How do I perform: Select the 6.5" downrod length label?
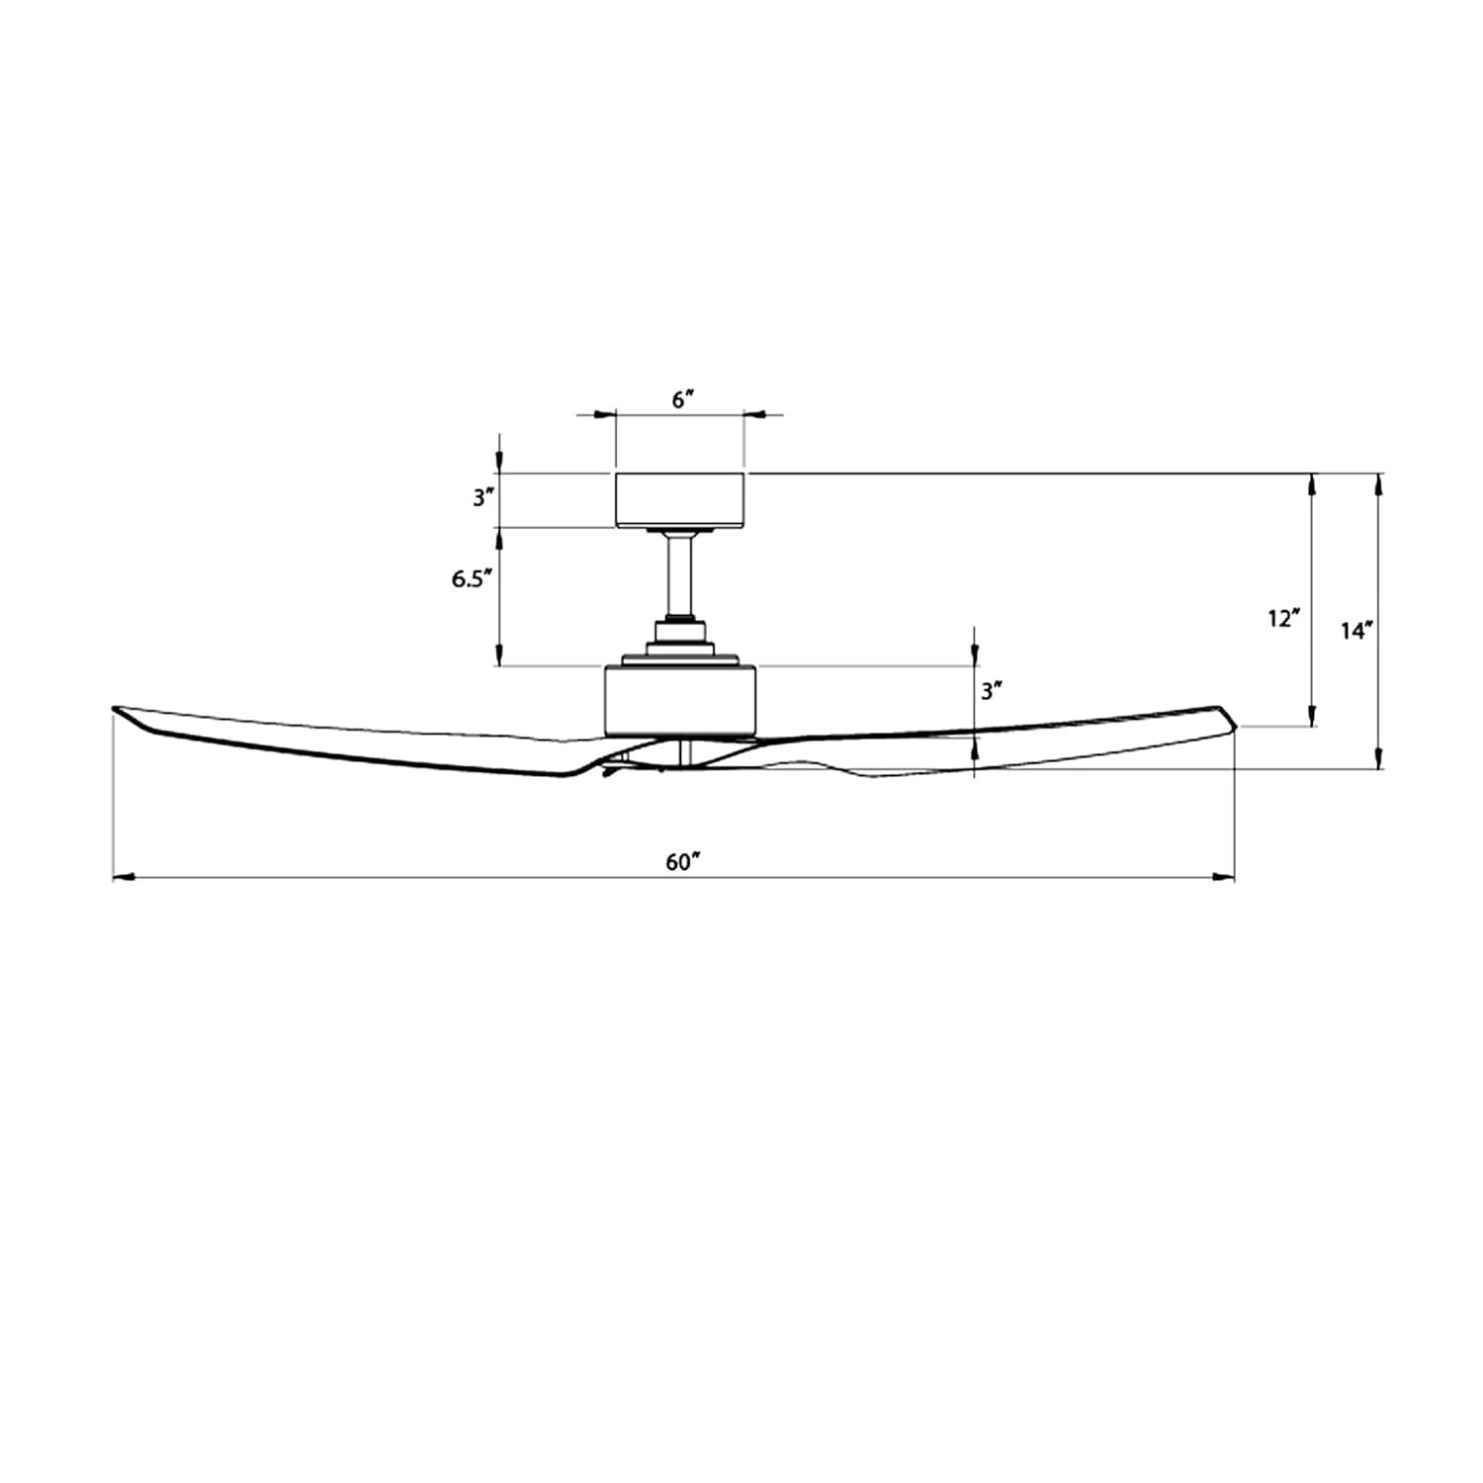pyautogui.click(x=472, y=579)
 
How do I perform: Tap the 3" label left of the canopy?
pyautogui.click(x=482, y=497)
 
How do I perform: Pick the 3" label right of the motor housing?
pyautogui.click(x=992, y=691)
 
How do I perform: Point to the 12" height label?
pyautogui.click(x=1283, y=619)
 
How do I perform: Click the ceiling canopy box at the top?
pyautogui.click(x=680, y=500)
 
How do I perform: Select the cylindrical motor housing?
pyautogui.click(x=680, y=700)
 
